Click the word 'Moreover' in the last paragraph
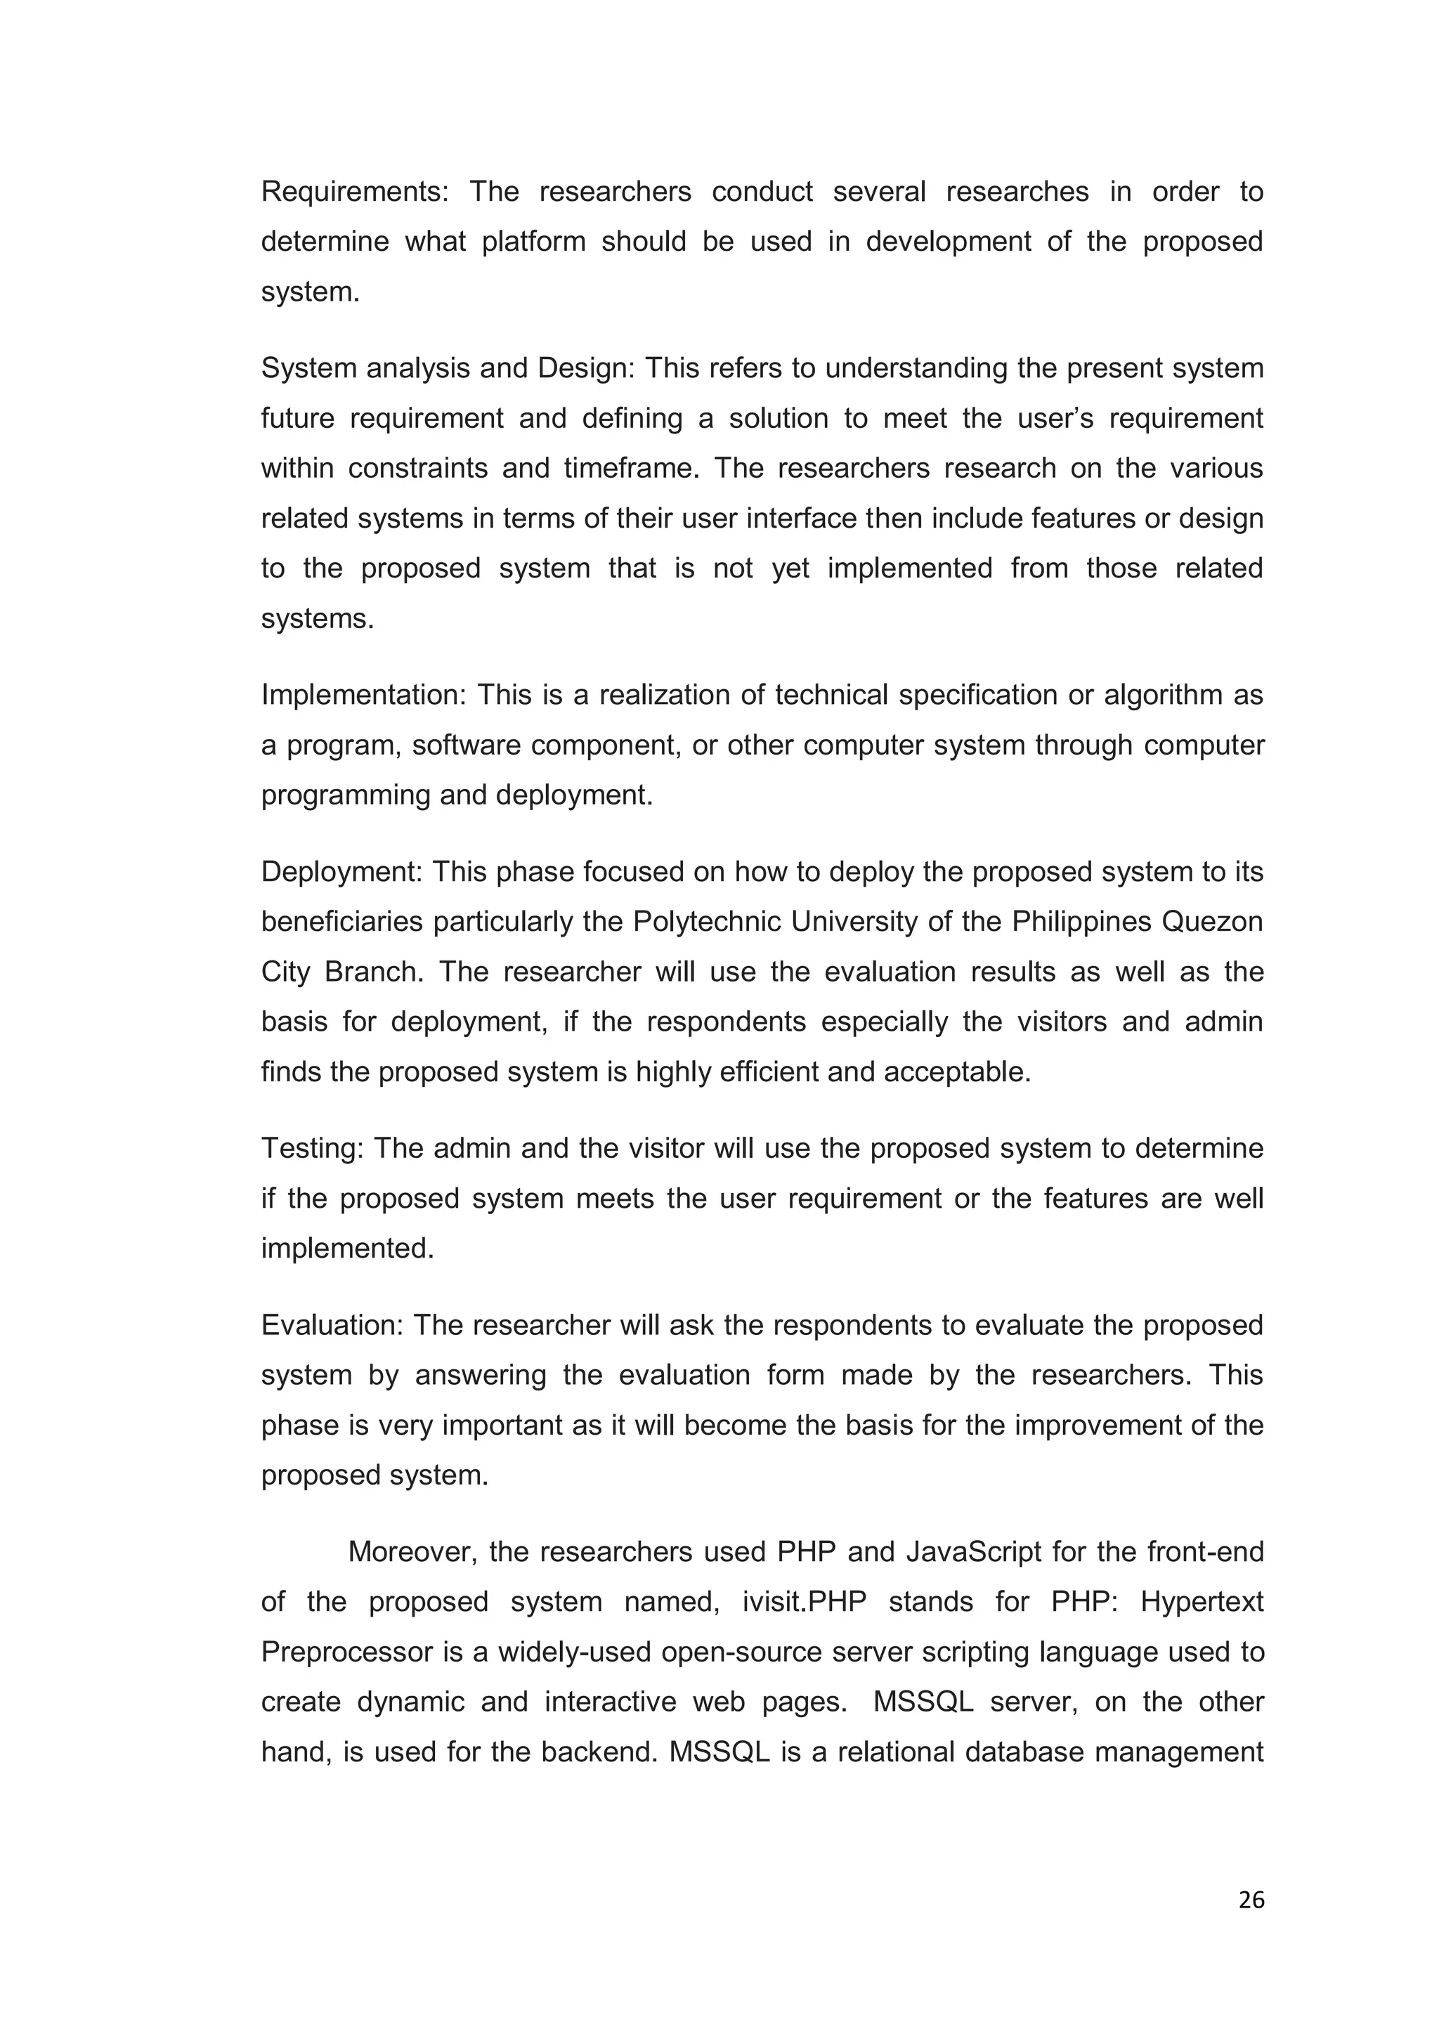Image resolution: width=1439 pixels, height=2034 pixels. click(x=408, y=1552)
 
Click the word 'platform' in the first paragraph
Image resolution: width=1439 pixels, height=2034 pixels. click(x=533, y=242)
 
